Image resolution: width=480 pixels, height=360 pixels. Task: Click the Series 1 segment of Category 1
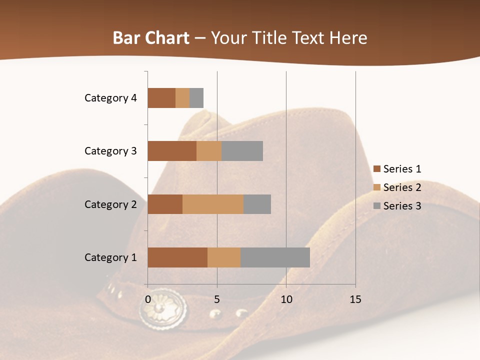pyautogui.click(x=177, y=257)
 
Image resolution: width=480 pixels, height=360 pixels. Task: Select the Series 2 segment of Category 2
pyautogui.click(x=213, y=204)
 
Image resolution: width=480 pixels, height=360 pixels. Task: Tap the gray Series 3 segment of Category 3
pyautogui.click(x=242, y=151)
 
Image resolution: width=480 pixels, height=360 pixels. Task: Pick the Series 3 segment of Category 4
pyautogui.click(x=196, y=98)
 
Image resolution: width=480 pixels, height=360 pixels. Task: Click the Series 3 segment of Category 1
pyautogui.click(x=275, y=257)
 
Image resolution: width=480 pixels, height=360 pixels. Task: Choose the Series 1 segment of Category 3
pyautogui.click(x=172, y=151)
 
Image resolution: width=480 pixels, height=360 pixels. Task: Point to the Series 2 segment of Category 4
pyautogui.click(x=182, y=98)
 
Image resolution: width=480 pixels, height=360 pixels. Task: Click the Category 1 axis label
pyautogui.click(x=110, y=257)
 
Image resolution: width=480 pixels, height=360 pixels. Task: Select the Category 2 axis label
pyautogui.click(x=110, y=204)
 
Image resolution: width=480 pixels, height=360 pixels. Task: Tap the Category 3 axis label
pyautogui.click(x=110, y=151)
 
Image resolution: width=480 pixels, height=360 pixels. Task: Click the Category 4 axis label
pyautogui.click(x=110, y=98)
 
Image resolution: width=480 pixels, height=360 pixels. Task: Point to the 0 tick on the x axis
pyautogui.click(x=148, y=299)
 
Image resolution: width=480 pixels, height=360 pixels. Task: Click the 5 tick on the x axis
pyautogui.click(x=217, y=299)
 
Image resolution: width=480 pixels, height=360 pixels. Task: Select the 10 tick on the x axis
pyautogui.click(x=286, y=299)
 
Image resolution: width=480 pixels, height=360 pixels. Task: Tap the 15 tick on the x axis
pyautogui.click(x=355, y=299)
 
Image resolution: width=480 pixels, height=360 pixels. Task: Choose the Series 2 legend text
pyautogui.click(x=402, y=187)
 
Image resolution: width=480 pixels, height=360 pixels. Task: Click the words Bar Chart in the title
pyautogui.click(x=150, y=38)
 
